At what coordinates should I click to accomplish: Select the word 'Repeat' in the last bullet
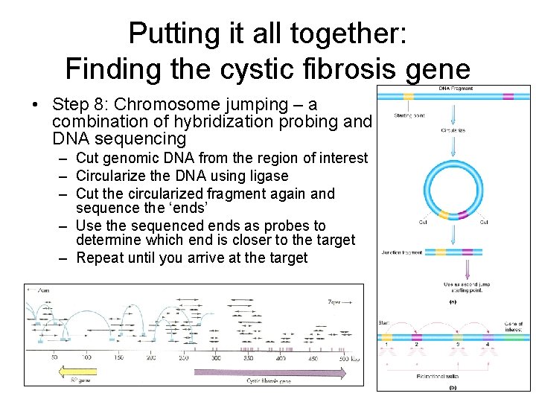(x=100, y=258)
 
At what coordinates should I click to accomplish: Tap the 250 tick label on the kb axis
(x=184, y=358)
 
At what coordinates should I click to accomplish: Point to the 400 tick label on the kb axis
(x=280, y=358)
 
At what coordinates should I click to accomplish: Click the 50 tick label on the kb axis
(x=54, y=358)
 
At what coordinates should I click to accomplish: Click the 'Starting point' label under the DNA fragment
(x=410, y=115)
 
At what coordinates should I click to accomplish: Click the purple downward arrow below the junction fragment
(x=467, y=268)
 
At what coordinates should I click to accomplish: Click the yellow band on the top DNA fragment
(x=408, y=96)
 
